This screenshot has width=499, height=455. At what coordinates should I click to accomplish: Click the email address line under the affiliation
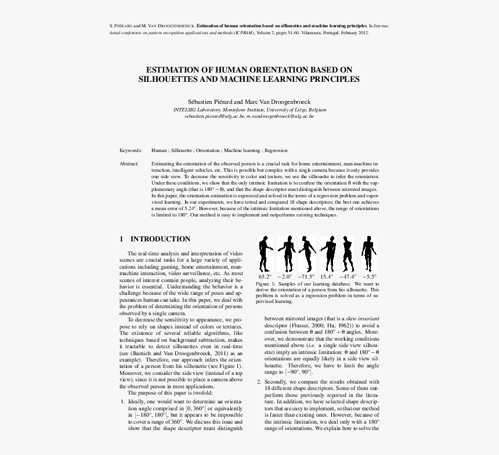[x=249, y=116]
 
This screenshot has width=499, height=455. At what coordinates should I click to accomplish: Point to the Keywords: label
[x=131, y=150]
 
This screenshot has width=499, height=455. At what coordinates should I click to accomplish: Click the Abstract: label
[x=129, y=164]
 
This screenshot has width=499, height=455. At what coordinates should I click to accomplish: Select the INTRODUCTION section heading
[x=160, y=239]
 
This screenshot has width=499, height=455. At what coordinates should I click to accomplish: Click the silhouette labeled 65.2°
[x=265, y=253]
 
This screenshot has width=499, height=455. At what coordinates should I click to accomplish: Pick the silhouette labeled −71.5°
[x=307, y=253]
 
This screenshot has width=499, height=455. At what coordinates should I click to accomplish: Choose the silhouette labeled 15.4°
[x=328, y=253]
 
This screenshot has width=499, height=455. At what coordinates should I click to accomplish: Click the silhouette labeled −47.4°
[x=348, y=253]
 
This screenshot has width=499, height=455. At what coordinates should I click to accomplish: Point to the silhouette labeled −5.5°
[x=368, y=253]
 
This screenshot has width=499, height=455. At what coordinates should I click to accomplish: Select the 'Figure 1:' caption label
[x=273, y=284]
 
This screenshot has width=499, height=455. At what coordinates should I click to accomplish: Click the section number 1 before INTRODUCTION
[x=121, y=239]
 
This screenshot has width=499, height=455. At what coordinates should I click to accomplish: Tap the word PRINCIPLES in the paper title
[x=332, y=78]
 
